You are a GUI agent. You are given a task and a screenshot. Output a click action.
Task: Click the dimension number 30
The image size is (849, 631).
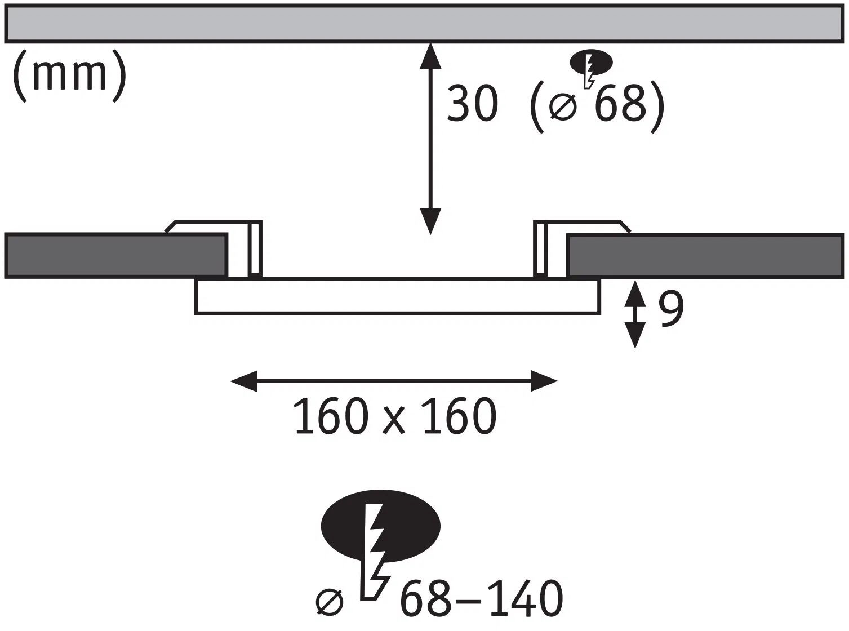point(472,104)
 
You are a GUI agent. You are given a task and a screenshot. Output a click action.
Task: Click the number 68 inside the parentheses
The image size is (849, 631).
point(620,104)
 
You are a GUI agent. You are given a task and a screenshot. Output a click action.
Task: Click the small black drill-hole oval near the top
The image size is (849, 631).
point(591,63)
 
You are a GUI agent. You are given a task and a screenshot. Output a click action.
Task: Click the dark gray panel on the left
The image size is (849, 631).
point(115,255)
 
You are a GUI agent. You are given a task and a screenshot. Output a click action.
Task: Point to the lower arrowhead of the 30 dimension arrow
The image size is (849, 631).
point(430,221)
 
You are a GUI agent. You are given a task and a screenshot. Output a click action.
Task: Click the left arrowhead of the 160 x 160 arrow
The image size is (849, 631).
point(243,381)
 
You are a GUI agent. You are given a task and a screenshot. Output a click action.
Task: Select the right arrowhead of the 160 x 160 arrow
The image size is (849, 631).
point(544,381)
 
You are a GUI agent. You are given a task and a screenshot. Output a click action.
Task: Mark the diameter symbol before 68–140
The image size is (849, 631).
point(329,602)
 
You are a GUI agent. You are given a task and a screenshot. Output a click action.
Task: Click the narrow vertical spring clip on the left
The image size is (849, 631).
point(255,248)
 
